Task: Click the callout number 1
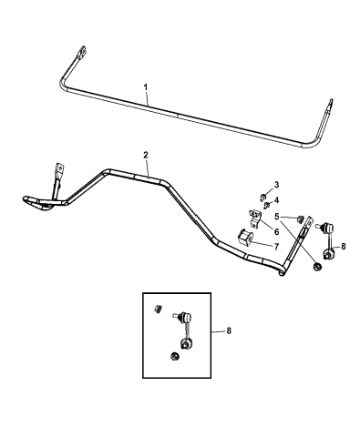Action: tap(146, 87)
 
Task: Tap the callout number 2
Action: tap(146, 155)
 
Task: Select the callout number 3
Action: tap(276, 185)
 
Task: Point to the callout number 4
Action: tap(276, 200)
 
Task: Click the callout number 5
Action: tap(276, 217)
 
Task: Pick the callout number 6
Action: tap(276, 231)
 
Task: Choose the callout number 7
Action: tap(276, 247)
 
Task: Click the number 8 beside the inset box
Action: tap(229, 330)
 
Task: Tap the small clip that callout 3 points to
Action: tap(262, 197)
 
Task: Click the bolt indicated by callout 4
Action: tap(267, 206)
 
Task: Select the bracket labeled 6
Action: tap(254, 218)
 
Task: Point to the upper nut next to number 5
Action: tap(302, 218)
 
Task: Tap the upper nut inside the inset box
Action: tap(158, 310)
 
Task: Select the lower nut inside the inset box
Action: tap(174, 356)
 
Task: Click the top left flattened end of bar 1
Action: tap(81, 52)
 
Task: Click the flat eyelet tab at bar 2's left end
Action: tap(59, 170)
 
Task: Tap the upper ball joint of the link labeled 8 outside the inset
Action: tap(328, 227)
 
